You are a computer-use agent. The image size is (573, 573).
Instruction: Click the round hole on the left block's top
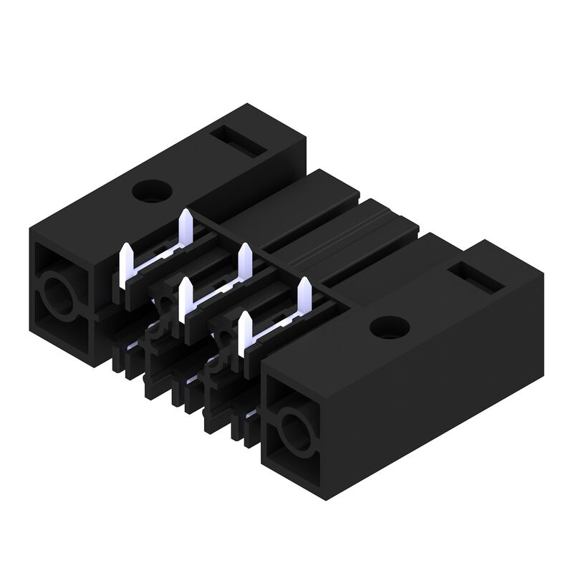[x=151, y=190]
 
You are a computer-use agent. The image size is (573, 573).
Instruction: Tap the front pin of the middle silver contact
[x=185, y=299]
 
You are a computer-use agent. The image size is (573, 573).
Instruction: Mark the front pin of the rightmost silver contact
[x=244, y=332]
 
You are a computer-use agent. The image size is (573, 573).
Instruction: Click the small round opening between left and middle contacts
[x=166, y=308]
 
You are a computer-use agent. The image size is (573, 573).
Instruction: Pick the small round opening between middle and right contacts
[x=225, y=342]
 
